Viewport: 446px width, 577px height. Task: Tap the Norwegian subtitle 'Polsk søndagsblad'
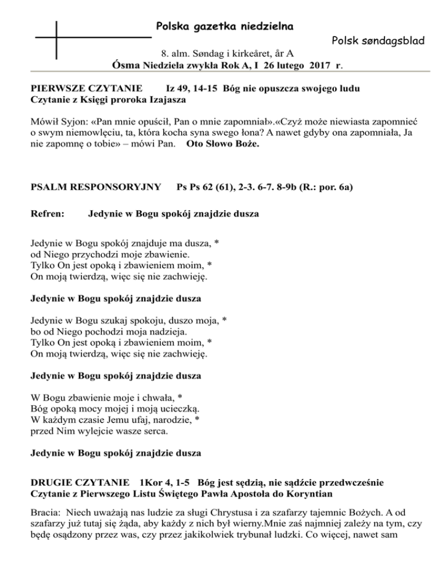[378, 42]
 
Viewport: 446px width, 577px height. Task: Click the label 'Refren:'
[46, 214]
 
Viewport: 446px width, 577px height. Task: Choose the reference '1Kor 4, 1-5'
[166, 483]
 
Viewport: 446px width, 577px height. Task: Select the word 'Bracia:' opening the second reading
[46, 512]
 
